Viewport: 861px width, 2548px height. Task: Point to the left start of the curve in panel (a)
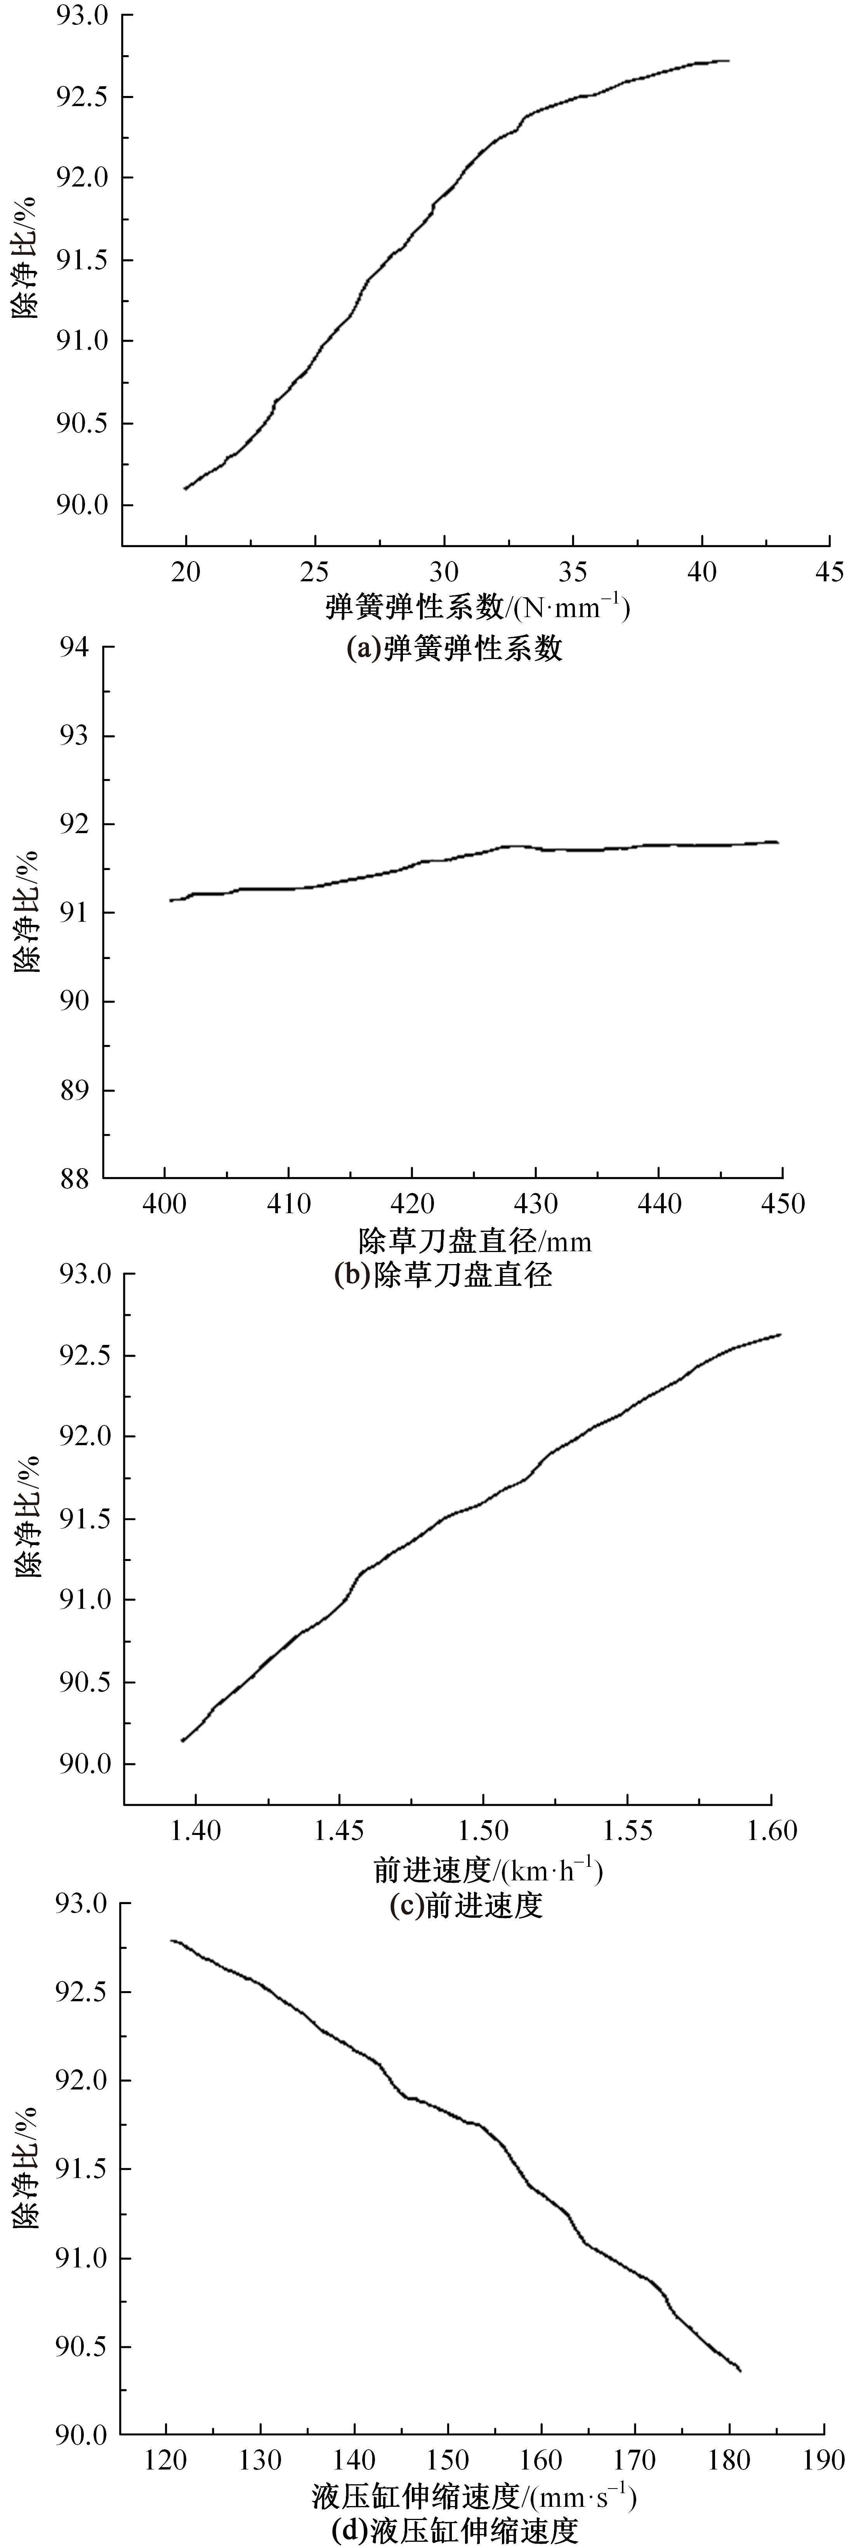coord(185,488)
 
